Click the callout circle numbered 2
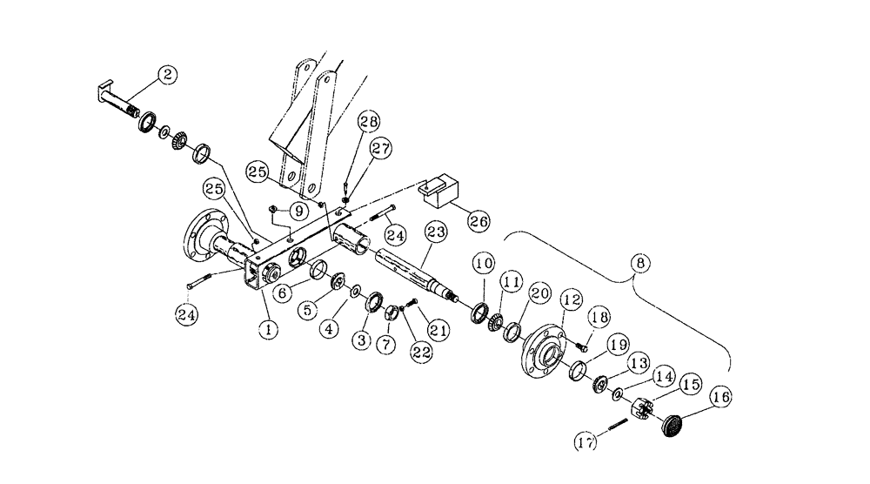click(168, 76)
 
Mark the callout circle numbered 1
click(270, 330)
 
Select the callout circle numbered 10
click(484, 262)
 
